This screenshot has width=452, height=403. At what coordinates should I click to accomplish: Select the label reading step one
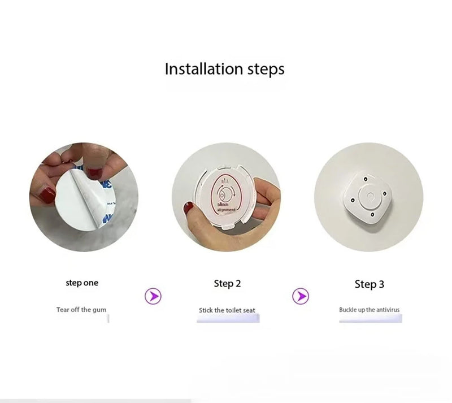pos(81,283)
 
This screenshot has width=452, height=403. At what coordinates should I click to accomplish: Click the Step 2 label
pos(227,283)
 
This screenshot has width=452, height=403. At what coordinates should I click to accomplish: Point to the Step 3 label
pos(369,284)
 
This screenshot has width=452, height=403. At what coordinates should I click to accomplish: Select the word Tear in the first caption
pos(62,310)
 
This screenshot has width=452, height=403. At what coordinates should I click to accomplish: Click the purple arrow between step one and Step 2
pos(153,295)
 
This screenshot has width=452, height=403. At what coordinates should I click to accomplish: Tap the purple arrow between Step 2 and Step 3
pos(301,295)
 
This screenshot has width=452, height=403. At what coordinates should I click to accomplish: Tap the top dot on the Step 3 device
pos(366,180)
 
